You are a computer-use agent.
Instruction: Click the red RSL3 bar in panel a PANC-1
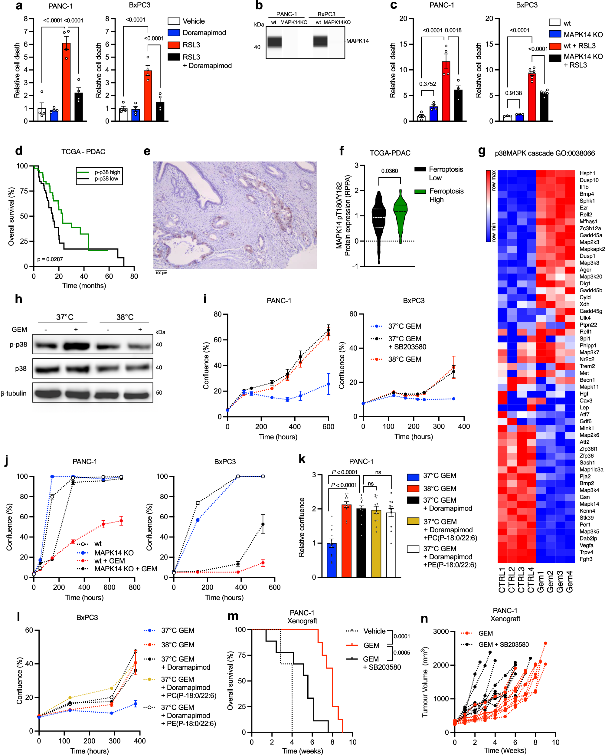[66, 82]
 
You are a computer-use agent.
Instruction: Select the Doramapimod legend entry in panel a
[204, 33]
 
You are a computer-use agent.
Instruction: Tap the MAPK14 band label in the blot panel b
[357, 41]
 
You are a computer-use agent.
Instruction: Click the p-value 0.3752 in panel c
[427, 84]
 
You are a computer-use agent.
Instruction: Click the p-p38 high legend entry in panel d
[107, 172]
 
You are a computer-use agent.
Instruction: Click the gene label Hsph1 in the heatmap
[587, 173]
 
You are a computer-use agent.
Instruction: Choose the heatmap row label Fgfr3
[586, 559]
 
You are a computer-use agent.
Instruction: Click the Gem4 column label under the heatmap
[570, 581]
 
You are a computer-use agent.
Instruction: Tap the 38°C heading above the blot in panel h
[125, 317]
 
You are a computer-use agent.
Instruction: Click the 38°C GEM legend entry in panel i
[404, 359]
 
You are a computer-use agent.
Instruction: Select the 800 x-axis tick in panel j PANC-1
[134, 587]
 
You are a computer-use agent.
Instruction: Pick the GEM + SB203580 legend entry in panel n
[503, 645]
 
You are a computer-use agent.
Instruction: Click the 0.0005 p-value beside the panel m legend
[402, 653]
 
